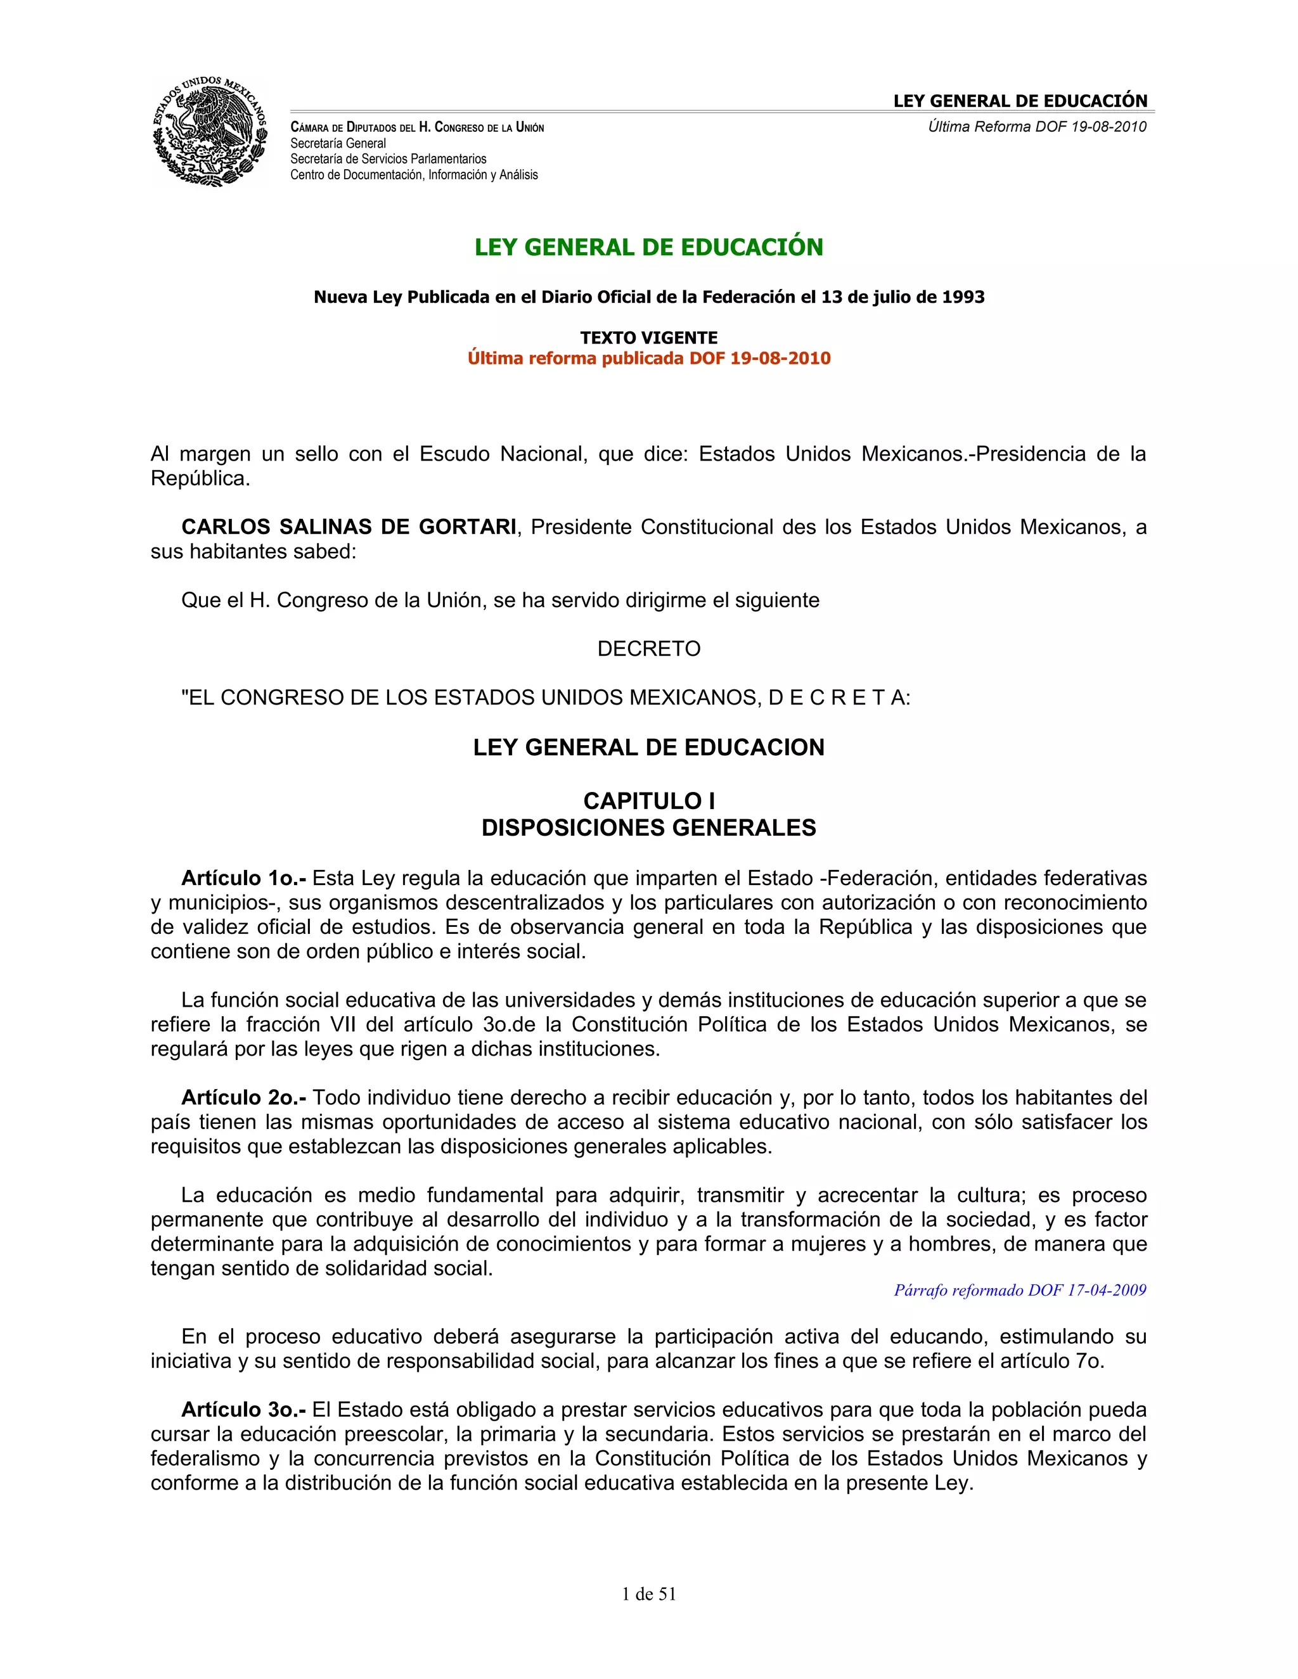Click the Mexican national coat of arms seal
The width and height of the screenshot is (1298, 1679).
[209, 131]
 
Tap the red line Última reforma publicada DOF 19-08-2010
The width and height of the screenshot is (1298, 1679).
[648, 358]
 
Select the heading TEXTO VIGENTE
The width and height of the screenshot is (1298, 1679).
[648, 338]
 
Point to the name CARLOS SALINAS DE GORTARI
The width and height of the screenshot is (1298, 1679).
[349, 527]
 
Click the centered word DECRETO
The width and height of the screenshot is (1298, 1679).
[648, 649]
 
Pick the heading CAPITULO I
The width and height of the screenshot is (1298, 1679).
[648, 801]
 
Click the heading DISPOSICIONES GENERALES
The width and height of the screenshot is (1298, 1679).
[648, 828]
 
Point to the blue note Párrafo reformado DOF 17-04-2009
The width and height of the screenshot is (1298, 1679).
[1019, 1291]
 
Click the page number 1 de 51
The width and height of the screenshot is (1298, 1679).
[648, 1595]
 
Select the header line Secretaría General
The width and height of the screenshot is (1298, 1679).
[338, 144]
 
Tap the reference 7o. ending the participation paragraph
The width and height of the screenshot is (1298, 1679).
[1089, 1362]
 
